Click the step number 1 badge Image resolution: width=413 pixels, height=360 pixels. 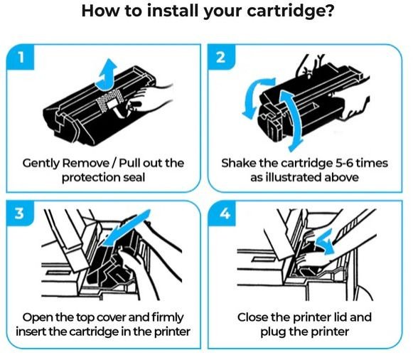21,57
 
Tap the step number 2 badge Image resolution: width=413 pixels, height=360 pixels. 221,57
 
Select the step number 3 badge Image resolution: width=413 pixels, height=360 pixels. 20,213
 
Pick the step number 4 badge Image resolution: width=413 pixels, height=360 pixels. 222,213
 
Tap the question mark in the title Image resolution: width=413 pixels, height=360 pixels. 328,11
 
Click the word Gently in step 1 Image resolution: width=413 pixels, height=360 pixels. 41,164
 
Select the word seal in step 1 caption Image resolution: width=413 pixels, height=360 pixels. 134,177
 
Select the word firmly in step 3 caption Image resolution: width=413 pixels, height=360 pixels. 168,318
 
